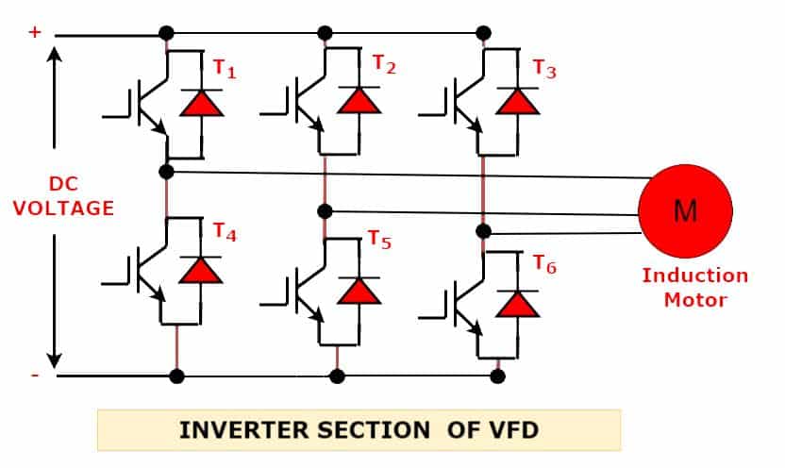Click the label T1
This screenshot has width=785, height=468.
[x=225, y=69]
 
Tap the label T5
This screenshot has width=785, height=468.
[x=379, y=240]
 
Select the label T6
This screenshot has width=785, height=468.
[x=544, y=264]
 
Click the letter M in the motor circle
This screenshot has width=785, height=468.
[x=685, y=210]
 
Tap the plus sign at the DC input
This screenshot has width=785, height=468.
[x=35, y=32]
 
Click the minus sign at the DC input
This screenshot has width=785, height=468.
[x=35, y=375]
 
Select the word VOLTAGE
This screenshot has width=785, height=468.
[x=63, y=209]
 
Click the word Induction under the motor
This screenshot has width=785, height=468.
[x=694, y=276]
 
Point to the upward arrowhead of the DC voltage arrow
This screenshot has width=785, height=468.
[x=54, y=52]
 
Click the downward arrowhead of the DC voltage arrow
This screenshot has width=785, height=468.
[x=54, y=361]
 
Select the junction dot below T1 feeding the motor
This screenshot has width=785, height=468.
[x=166, y=172]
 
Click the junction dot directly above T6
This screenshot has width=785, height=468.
[x=483, y=231]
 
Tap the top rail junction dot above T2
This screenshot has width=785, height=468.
[x=325, y=33]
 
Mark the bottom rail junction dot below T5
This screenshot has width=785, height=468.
[x=338, y=376]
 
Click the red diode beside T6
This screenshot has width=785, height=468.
[x=517, y=305]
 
